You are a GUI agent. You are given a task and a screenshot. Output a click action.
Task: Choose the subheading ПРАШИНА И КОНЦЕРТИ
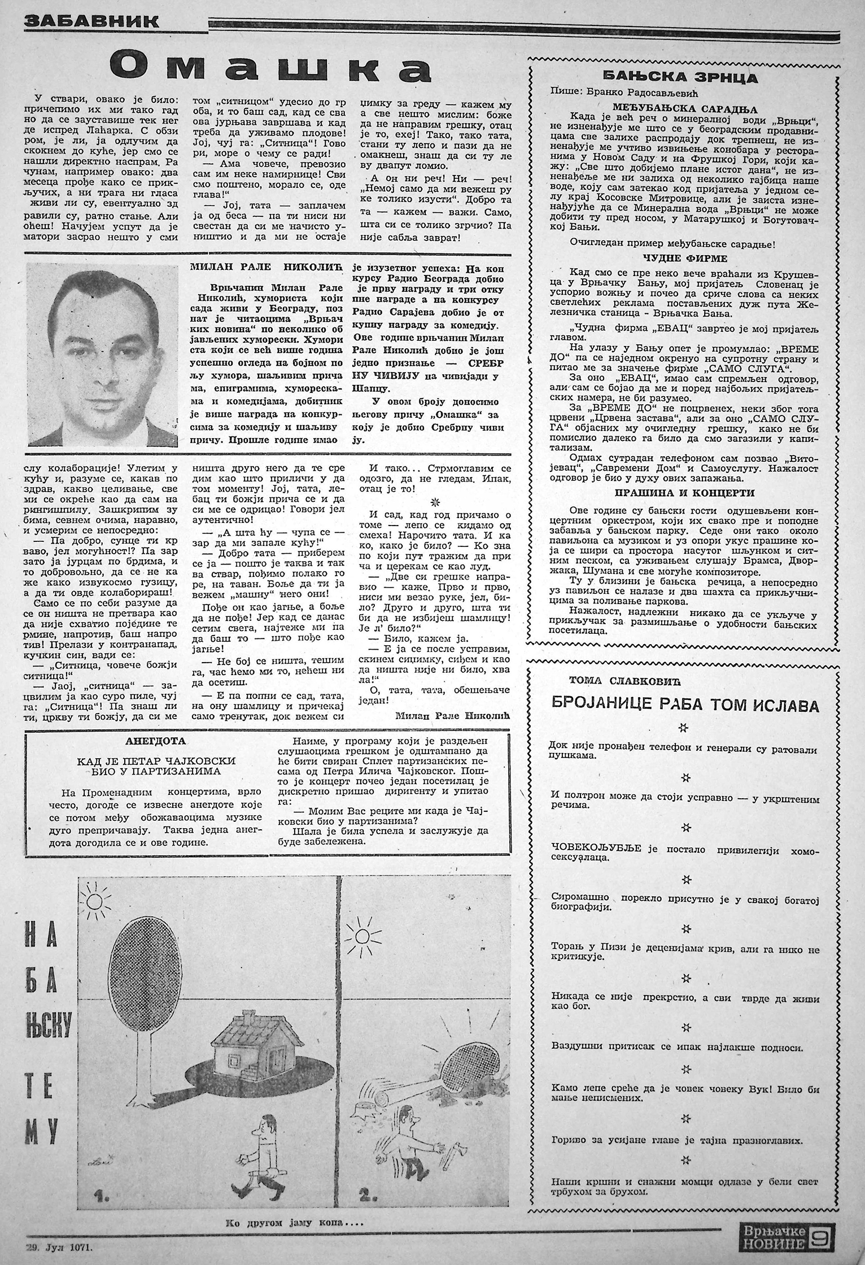[685, 492]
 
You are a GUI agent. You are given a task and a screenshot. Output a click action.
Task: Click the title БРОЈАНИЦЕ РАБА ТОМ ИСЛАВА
[685, 706]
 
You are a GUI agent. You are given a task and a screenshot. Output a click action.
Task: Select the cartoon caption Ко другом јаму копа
[293, 1220]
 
